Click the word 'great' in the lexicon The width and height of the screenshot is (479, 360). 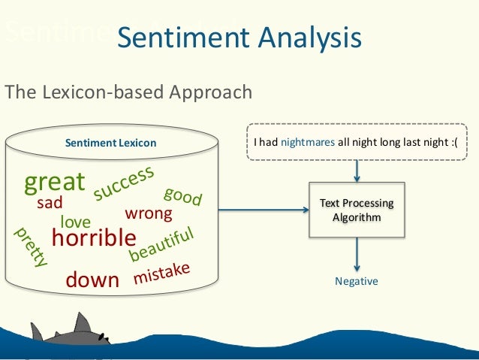55,183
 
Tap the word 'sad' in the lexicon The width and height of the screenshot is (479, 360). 50,203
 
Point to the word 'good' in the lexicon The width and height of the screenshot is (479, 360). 182,195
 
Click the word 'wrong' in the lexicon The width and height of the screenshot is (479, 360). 148,213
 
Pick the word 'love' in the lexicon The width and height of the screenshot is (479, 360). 75,222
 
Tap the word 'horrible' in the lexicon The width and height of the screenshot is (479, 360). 93,238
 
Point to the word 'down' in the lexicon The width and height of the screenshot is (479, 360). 92,280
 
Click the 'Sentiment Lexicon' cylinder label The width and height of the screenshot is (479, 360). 110,143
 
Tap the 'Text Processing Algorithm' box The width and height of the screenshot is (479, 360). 357,210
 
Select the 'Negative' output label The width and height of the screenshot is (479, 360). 357,281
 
